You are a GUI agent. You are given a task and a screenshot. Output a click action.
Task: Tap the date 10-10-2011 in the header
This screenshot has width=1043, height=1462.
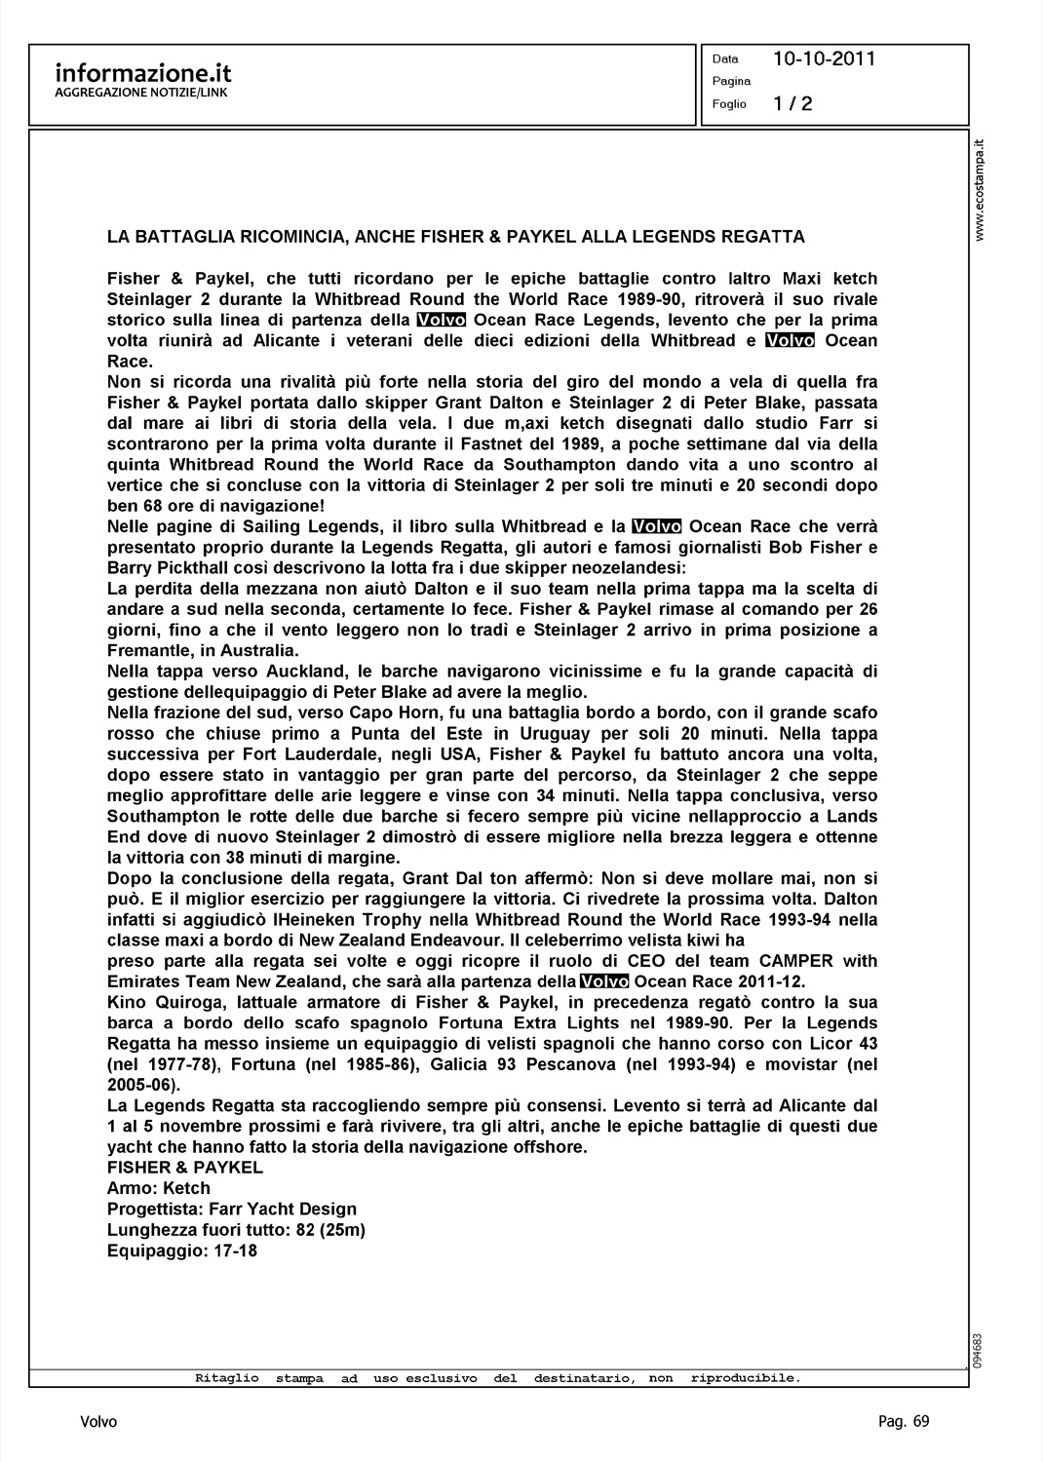(x=824, y=59)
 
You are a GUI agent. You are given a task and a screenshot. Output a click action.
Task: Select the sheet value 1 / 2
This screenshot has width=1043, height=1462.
(x=792, y=104)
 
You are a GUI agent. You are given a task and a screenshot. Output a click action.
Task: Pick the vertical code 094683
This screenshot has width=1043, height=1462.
(x=978, y=1350)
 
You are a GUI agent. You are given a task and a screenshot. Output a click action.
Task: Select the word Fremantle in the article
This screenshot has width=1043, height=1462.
(x=145, y=651)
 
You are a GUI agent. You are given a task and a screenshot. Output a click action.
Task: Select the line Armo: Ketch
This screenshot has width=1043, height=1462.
(x=159, y=1188)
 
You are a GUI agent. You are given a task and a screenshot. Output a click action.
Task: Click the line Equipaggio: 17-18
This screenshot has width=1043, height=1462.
(x=182, y=1250)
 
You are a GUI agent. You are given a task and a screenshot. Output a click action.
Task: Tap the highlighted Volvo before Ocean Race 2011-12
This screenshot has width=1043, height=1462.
(x=604, y=981)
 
